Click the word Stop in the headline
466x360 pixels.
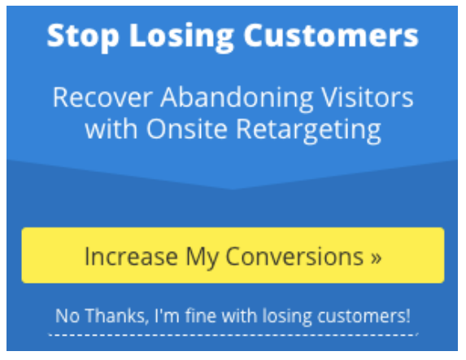point(83,37)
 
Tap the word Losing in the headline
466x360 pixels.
point(181,37)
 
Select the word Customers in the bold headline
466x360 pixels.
point(331,35)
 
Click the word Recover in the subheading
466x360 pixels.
point(102,98)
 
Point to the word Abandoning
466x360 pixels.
point(237,99)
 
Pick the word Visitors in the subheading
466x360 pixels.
point(368,97)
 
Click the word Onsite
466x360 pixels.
point(187,129)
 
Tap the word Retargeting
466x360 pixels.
point(308,131)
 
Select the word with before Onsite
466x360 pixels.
point(111,128)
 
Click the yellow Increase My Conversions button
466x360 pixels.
point(233,255)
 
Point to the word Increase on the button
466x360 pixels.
point(132,256)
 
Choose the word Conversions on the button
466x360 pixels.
point(294,256)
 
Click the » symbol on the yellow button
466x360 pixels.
point(377,258)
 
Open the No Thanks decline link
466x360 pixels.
point(233,316)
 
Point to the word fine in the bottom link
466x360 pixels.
point(201,315)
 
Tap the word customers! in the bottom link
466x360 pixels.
point(364,316)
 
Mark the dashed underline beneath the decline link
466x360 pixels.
point(233,335)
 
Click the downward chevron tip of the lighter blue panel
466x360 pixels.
point(233,189)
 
